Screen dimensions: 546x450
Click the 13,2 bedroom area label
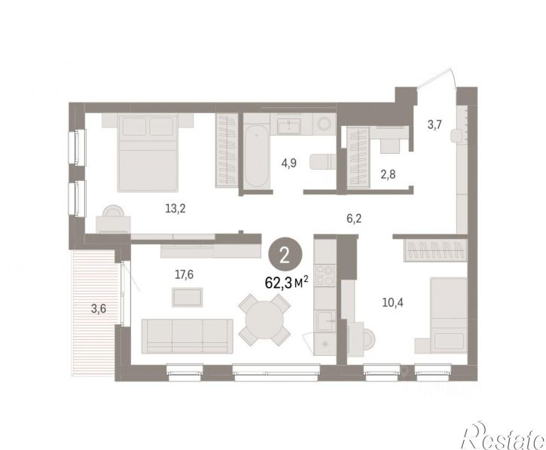(x=175, y=209)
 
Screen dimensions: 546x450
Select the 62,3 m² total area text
(x=286, y=283)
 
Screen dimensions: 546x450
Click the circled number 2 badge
(x=285, y=256)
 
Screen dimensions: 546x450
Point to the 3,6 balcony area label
(x=99, y=308)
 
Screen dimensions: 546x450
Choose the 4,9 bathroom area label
(x=289, y=162)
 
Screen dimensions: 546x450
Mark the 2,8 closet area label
(x=388, y=174)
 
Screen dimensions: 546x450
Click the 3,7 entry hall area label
(x=435, y=124)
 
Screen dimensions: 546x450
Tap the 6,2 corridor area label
(x=354, y=219)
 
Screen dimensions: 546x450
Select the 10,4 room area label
(x=393, y=302)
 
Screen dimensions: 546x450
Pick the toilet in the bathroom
(x=322, y=163)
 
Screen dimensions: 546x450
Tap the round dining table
(x=264, y=320)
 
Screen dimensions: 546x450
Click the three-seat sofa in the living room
(x=188, y=336)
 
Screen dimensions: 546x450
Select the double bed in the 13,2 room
(x=148, y=152)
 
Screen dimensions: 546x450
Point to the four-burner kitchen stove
(x=325, y=275)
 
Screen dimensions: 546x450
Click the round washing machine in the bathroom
(x=325, y=124)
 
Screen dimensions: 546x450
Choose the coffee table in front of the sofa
(x=188, y=297)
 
